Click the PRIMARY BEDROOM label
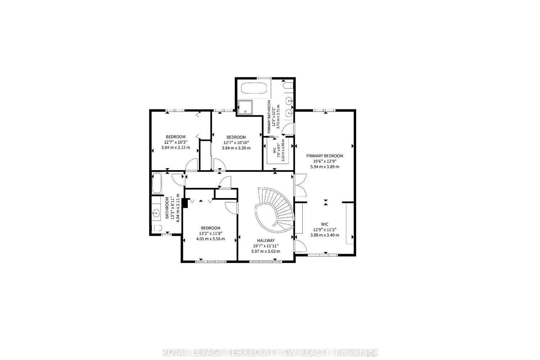pos(324,156)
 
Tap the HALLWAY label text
pos(266,240)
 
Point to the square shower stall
pos(245,107)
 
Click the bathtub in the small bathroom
pos(157,183)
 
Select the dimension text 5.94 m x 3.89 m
pos(324,167)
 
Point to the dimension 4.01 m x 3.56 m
pos(210,239)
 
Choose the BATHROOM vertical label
pos(167,208)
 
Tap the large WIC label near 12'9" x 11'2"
pos(324,224)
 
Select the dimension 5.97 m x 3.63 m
pos(266,251)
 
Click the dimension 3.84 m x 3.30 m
pos(236,148)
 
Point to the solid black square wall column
pos(185,203)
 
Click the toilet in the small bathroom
pos(156,228)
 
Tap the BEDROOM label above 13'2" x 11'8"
pos(210,228)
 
